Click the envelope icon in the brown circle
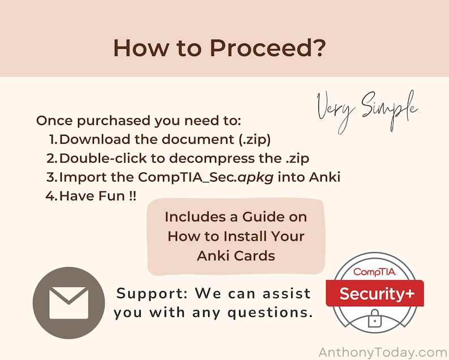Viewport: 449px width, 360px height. pos(69,303)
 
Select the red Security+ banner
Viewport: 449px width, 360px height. pos(374,293)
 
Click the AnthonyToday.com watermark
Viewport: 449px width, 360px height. pos(383,352)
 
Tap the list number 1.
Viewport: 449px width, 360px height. pos(53,139)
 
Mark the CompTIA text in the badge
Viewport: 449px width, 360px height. pos(374,272)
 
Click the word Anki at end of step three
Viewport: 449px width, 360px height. pos(325,177)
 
